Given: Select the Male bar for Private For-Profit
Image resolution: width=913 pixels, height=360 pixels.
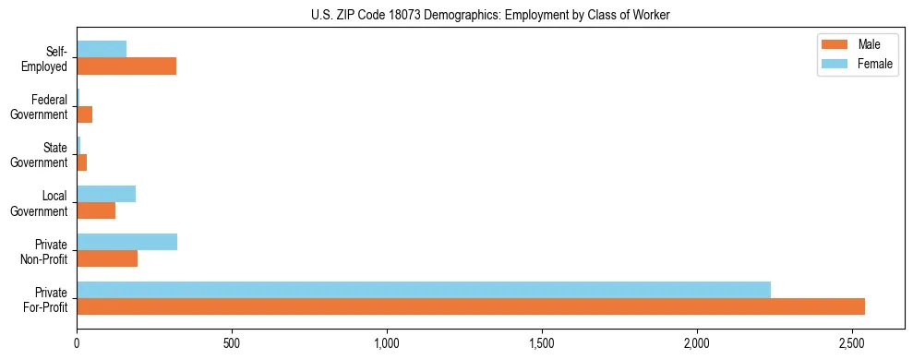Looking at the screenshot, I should pyautogui.click(x=471, y=306).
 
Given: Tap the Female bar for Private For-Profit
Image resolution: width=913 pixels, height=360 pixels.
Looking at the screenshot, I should pyautogui.click(x=424, y=290).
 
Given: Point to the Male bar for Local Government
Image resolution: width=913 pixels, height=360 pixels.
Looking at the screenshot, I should pyautogui.click(x=96, y=210).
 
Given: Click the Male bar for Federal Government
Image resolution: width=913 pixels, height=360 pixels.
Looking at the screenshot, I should pyautogui.click(x=85, y=114).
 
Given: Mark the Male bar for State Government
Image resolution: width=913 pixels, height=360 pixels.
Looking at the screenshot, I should pyautogui.click(x=82, y=162).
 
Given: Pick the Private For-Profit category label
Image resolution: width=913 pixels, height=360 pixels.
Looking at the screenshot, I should pyautogui.click(x=46, y=299).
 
